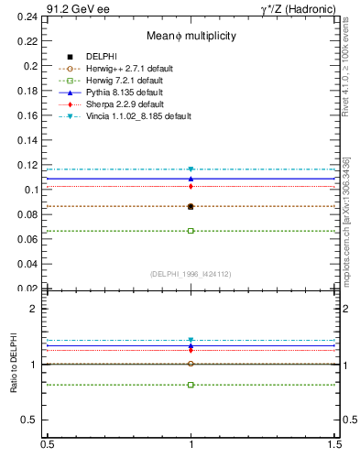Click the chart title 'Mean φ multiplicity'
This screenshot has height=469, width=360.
191,36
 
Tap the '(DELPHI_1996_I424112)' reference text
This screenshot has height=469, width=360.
191,274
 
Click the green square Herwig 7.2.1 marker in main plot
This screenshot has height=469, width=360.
191,231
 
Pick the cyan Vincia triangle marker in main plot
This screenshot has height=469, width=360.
191,169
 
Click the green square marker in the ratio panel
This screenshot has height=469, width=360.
191,385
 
